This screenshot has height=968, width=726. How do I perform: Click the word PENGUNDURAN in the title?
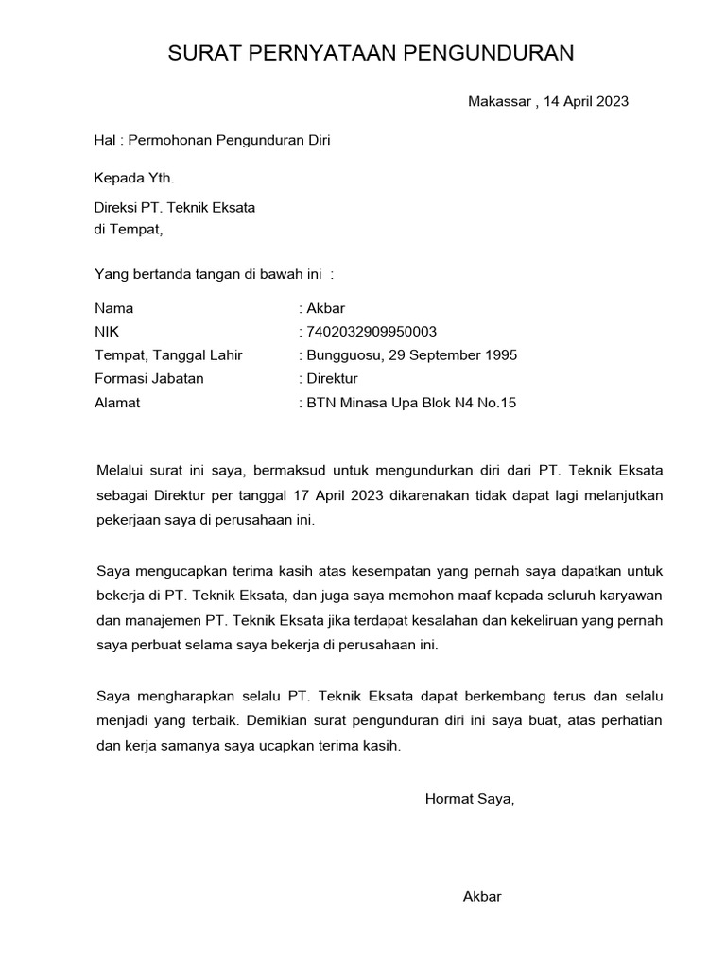pyautogui.click(x=490, y=54)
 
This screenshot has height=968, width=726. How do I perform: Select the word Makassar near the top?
pyautogui.click(x=500, y=101)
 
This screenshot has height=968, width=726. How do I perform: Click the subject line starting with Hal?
pyautogui.click(x=213, y=141)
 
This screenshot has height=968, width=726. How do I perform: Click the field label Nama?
pyautogui.click(x=114, y=308)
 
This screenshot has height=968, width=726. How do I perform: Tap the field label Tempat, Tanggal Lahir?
pyautogui.click(x=169, y=355)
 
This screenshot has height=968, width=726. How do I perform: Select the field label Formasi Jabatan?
pyautogui.click(x=149, y=379)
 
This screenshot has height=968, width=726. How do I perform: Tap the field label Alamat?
pyautogui.click(x=117, y=403)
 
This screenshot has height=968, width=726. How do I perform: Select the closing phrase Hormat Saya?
pyautogui.click(x=470, y=798)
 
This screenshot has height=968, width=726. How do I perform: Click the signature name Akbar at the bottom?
pyautogui.click(x=482, y=896)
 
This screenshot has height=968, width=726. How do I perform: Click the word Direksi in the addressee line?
pyautogui.click(x=118, y=207)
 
